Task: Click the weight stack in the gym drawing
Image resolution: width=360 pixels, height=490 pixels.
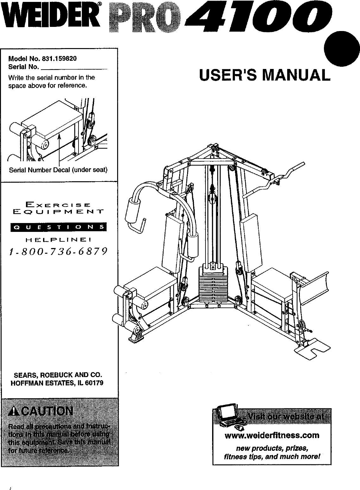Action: pos(213,285)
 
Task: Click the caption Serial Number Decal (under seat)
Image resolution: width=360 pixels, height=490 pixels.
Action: pos(58,170)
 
